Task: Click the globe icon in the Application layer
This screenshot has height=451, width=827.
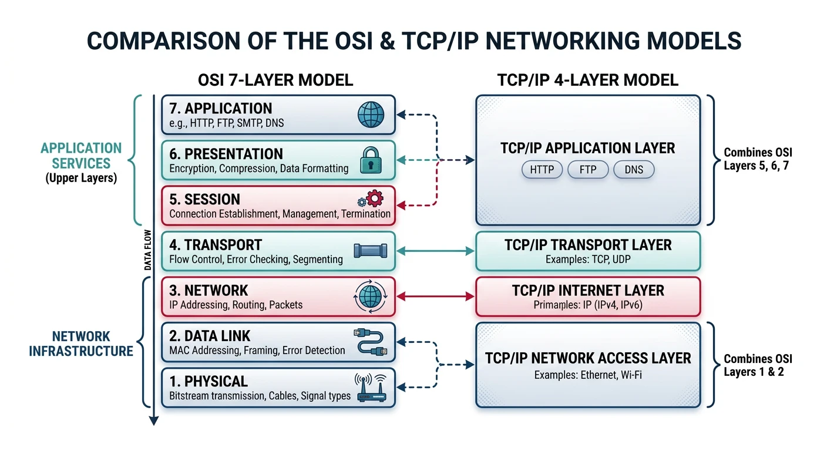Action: click(371, 115)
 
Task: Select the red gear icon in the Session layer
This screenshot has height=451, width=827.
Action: click(374, 200)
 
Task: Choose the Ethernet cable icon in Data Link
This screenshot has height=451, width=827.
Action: click(370, 342)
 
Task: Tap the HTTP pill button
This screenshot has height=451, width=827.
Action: click(542, 170)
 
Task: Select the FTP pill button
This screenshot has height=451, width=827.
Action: click(587, 170)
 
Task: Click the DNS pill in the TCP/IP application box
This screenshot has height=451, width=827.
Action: click(633, 170)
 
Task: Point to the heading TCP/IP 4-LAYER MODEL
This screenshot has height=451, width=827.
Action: click(587, 80)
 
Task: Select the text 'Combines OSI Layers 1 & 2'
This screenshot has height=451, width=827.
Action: click(754, 365)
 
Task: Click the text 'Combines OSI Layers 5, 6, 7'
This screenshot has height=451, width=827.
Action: click(758, 159)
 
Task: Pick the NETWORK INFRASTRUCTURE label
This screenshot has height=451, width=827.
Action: click(81, 344)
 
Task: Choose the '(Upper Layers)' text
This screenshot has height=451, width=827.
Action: click(81, 179)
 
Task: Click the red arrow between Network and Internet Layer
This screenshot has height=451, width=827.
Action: click(436, 297)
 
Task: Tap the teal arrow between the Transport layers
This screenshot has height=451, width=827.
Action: click(436, 251)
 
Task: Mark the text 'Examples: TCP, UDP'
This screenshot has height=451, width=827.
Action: click(587, 259)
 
